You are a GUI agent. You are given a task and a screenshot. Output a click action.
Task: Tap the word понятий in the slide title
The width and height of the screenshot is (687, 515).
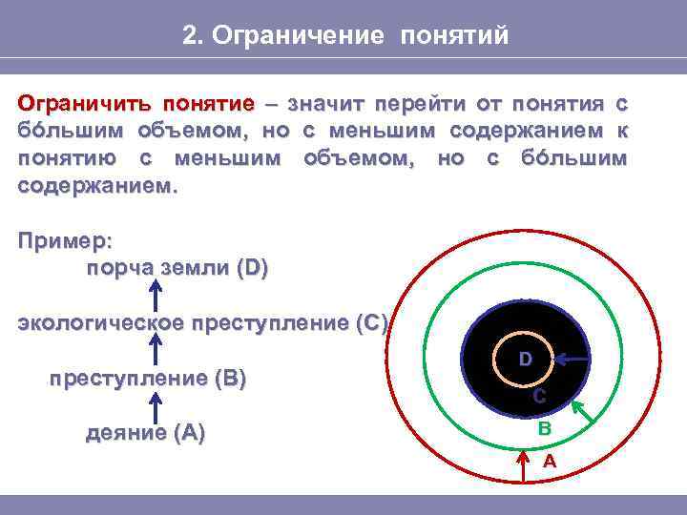coord(454,36)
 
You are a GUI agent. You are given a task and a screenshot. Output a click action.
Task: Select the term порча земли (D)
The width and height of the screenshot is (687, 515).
coord(177,268)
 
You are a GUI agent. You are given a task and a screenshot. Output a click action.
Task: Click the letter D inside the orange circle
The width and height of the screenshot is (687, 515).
coord(525,359)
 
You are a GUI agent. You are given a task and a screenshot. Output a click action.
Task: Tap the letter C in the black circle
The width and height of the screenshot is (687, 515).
coord(539,396)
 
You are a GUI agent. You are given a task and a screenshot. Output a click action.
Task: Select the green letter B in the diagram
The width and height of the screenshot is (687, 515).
coord(544,429)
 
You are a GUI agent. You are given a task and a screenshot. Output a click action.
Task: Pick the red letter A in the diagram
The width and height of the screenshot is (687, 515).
coord(550,461)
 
